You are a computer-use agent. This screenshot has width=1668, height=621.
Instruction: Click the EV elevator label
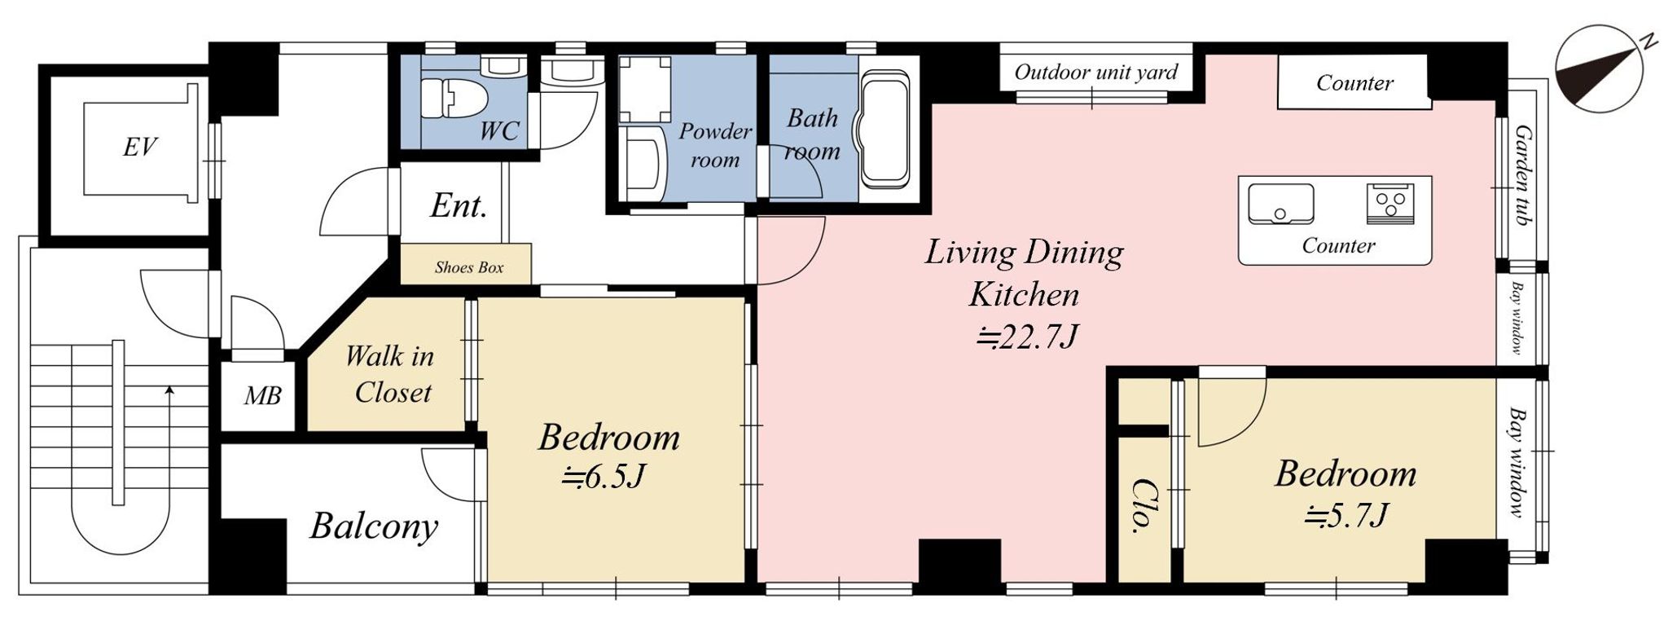coord(140,148)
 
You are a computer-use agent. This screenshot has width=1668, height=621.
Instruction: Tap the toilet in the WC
coord(453,98)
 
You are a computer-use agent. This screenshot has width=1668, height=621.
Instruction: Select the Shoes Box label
coord(469,267)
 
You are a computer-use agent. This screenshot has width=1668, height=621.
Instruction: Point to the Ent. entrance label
coord(459,205)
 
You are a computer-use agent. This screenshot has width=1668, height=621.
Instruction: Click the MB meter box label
coord(262,397)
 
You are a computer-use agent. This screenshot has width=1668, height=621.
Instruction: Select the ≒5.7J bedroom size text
coord(1345,515)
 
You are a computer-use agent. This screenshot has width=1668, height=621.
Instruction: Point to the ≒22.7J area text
coord(1028,336)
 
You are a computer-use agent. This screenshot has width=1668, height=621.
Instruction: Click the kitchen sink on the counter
coord(1280,203)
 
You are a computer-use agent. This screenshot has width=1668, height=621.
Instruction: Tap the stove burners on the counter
coord(1390,204)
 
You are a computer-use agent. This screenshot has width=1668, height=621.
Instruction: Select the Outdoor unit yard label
coord(1095,73)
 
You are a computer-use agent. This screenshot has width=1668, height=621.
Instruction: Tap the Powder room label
coord(715,145)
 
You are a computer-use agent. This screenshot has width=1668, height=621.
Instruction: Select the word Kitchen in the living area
coord(1024,294)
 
